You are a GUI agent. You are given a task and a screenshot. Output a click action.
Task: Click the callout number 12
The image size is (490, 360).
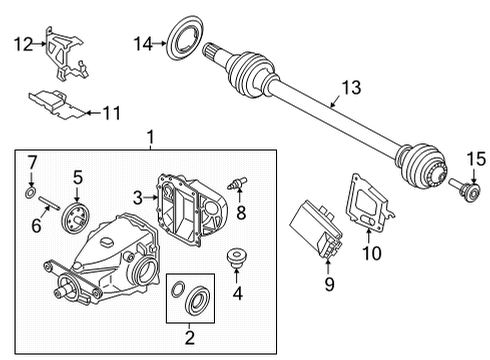(21, 43)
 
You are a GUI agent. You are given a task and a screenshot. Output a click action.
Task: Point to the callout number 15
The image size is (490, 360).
(475, 157)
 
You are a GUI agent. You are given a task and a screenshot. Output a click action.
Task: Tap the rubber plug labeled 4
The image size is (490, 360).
(238, 255)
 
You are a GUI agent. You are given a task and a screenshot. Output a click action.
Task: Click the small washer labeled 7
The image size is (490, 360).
(31, 191)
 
